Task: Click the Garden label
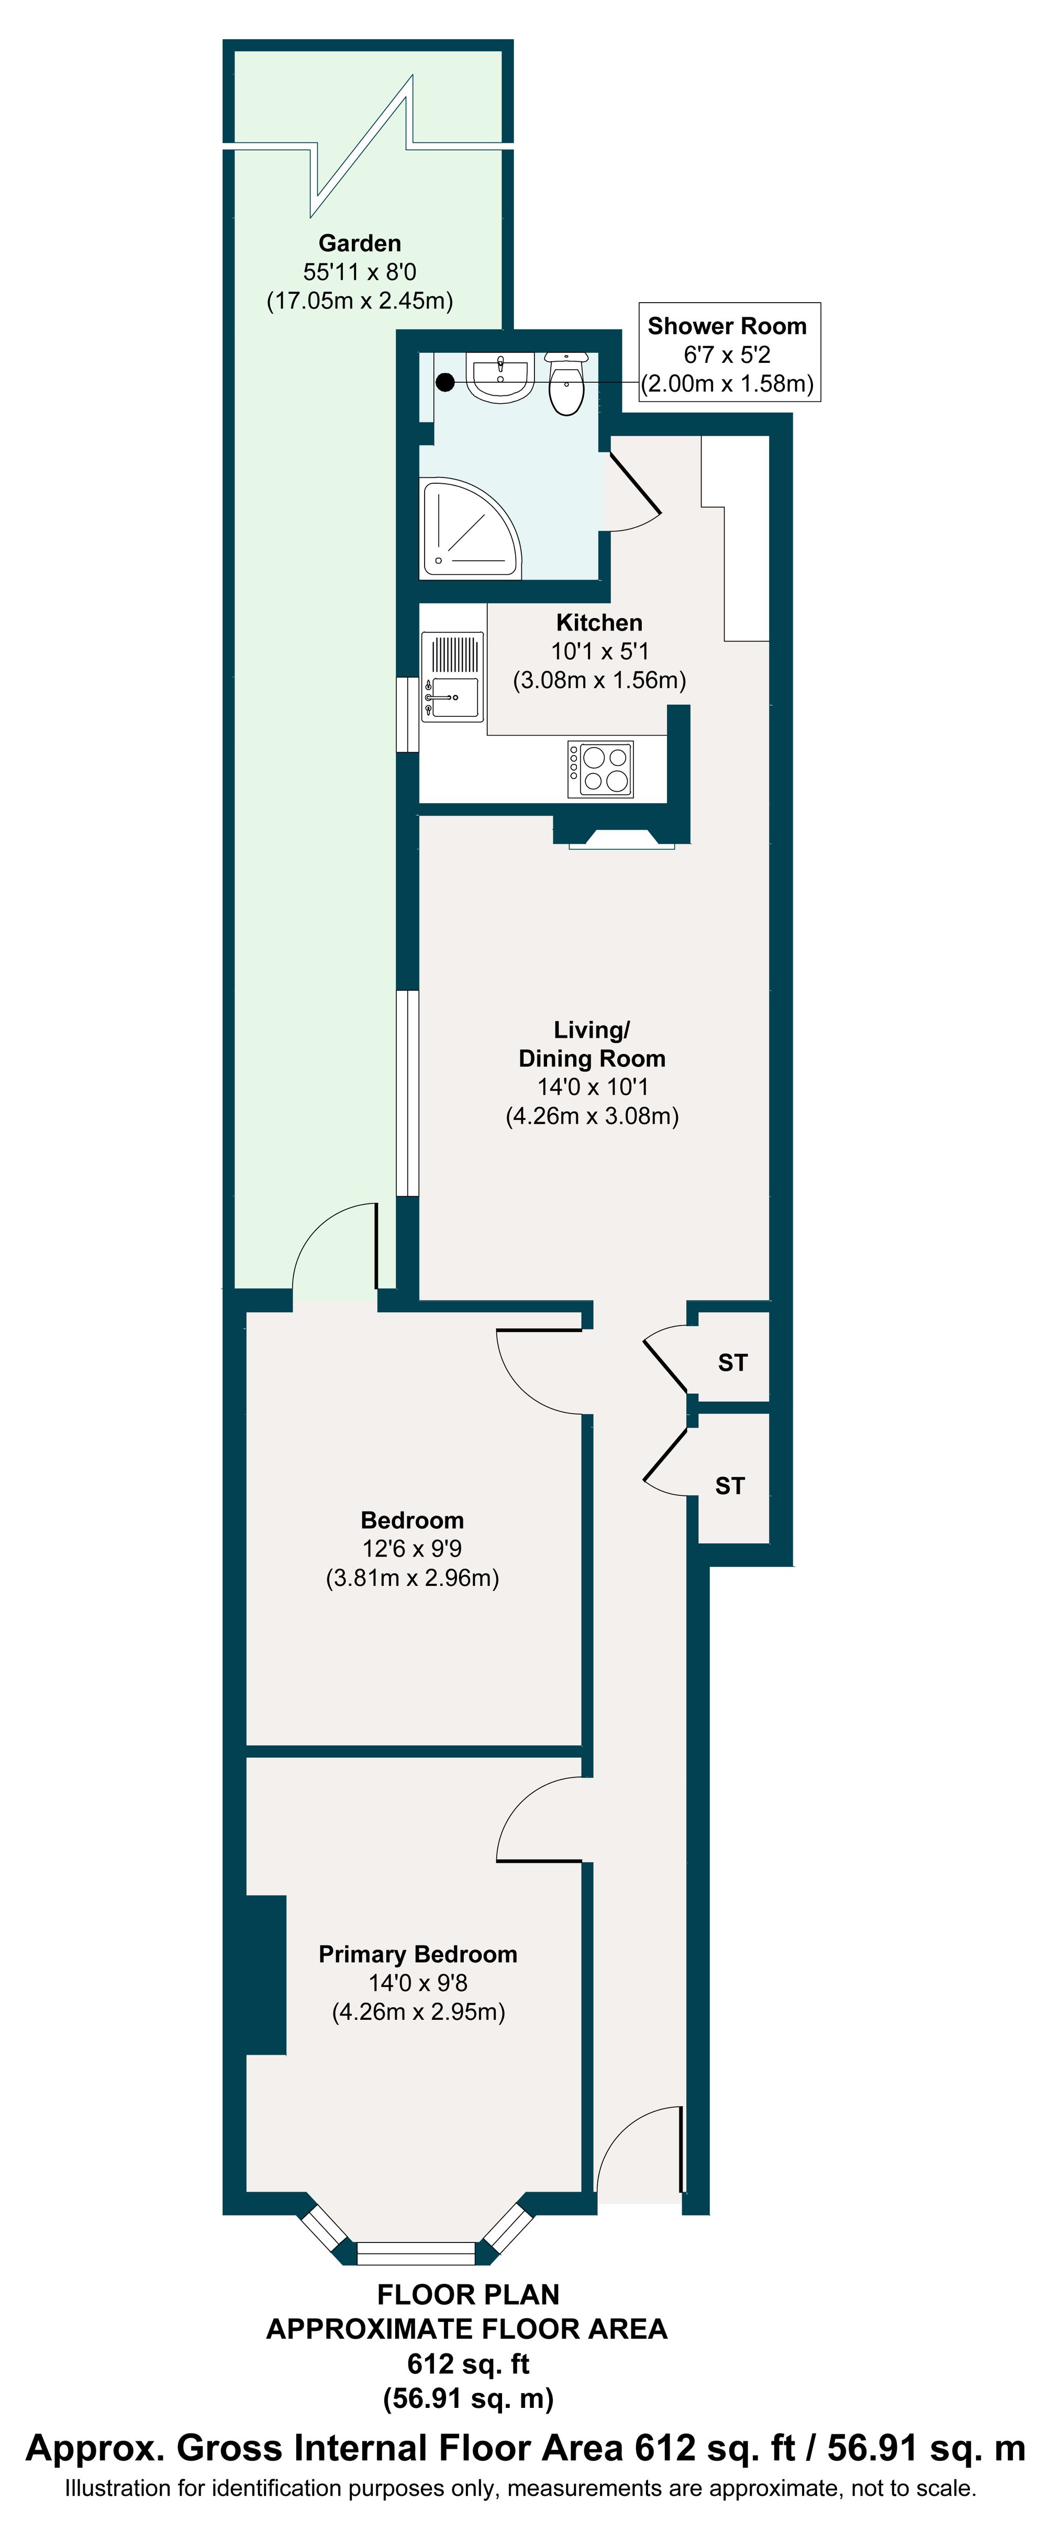[x=359, y=243]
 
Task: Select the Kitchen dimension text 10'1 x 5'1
[x=599, y=651]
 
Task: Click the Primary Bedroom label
[x=418, y=1954]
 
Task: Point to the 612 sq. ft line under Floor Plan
[x=467, y=2363]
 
